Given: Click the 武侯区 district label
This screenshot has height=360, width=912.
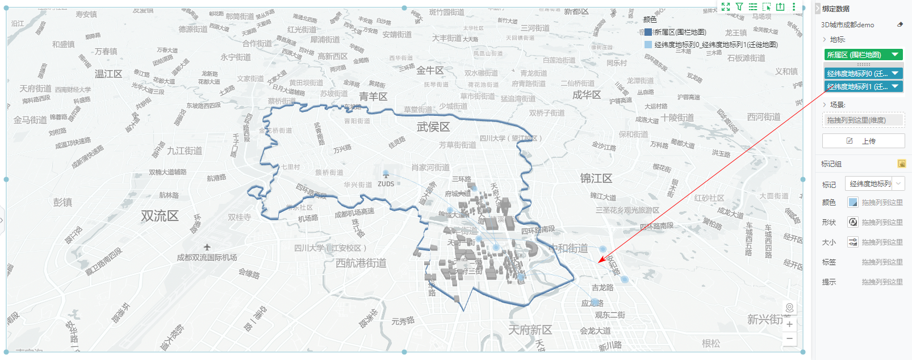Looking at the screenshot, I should pyautogui.click(x=433, y=127).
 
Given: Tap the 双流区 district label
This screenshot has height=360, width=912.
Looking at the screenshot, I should pyautogui.click(x=160, y=216).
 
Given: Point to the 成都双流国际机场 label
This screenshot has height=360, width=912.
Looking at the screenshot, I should pyautogui.click(x=207, y=257).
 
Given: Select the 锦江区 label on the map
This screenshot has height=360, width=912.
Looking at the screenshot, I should pyautogui.click(x=596, y=178).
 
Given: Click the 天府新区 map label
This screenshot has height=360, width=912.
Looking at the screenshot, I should pyautogui.click(x=530, y=330).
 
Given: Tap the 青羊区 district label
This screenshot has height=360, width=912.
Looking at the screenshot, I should pyautogui.click(x=373, y=97).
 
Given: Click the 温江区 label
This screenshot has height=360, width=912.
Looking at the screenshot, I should pyautogui.click(x=108, y=74).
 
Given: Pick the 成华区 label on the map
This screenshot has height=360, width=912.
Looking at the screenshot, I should pyautogui.click(x=586, y=95).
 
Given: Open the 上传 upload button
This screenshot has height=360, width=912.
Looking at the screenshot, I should pyautogui.click(x=863, y=141).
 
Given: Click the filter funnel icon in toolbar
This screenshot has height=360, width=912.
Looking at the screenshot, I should pyautogui.click(x=739, y=7).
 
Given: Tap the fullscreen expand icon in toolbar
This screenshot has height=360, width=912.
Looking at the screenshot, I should pyautogui.click(x=726, y=7).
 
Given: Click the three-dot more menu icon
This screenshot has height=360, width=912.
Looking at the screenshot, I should pyautogui.click(x=794, y=7).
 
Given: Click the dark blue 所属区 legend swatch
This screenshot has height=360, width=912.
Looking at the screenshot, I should pyautogui.click(x=648, y=32).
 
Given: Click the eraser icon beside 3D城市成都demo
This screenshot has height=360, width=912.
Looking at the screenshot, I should pyautogui.click(x=900, y=25).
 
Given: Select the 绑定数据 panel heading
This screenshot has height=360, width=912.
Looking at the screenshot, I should pyautogui.click(x=836, y=9).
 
